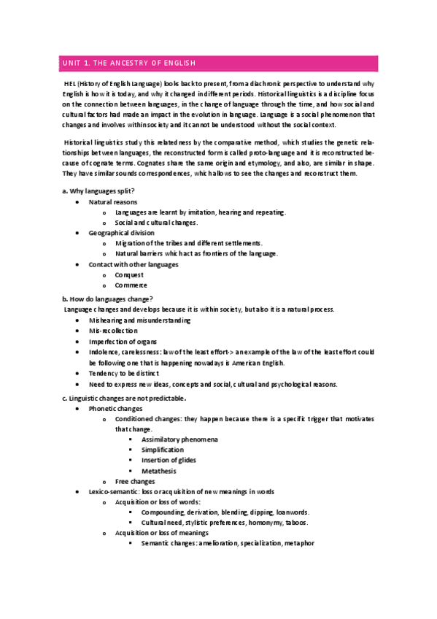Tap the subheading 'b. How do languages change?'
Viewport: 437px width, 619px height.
point(107,299)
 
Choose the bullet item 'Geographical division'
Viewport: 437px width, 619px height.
point(121,232)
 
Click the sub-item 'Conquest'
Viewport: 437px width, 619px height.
point(129,275)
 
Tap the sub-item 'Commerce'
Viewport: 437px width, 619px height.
point(131,285)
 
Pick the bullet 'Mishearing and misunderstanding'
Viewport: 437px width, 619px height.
point(139,320)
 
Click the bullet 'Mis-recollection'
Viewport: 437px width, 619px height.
point(112,331)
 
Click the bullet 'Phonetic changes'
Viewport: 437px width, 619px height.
point(115,409)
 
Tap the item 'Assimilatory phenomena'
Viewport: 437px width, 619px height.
point(179,439)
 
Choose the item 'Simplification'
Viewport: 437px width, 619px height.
point(163,450)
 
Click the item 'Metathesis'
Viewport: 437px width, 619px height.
point(158,471)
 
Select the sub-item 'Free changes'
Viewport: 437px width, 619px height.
point(135,482)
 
